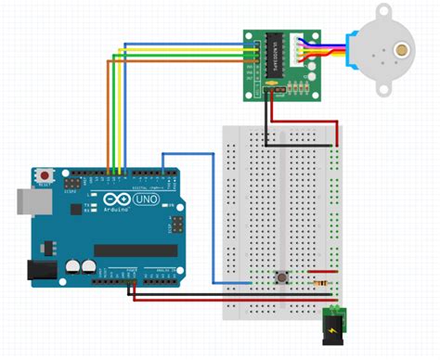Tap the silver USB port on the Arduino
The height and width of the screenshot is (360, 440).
[x=27, y=200]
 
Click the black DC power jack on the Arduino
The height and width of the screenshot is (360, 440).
[x=41, y=270]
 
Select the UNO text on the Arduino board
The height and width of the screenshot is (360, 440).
[x=147, y=199]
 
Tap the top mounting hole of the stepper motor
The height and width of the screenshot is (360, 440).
[x=387, y=10]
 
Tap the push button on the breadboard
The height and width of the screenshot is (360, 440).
[x=280, y=276]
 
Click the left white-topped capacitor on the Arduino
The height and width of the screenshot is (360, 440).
[x=71, y=266]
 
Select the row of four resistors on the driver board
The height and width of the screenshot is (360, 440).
[x=295, y=88]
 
